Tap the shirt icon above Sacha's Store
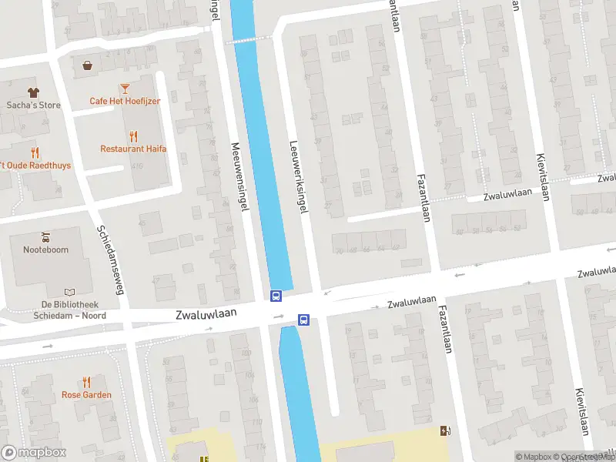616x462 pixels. click(33, 92)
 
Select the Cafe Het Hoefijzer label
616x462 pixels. click(124, 101)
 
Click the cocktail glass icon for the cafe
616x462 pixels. click(124, 89)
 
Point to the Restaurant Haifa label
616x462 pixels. click(133, 149)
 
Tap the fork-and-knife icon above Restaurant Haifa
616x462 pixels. click(133, 136)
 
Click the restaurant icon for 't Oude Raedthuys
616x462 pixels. click(35, 152)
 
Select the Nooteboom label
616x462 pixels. click(45, 249)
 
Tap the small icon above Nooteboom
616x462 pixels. click(45, 236)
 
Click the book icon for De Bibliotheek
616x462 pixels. click(71, 293)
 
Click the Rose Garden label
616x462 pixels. click(86, 395)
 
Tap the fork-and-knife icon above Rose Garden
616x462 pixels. click(86, 382)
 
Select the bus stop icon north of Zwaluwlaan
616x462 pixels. click(276, 295)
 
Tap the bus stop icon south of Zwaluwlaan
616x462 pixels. click(303, 320)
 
